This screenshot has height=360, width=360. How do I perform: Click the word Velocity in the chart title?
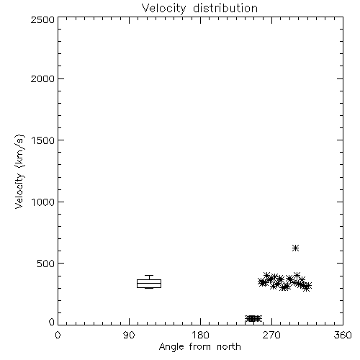164,9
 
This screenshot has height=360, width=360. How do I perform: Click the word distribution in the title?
225,8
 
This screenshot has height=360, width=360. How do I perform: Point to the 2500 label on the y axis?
42,19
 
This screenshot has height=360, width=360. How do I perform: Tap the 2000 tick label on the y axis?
42,79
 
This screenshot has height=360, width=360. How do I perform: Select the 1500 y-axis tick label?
43,140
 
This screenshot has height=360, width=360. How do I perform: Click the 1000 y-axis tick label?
43,202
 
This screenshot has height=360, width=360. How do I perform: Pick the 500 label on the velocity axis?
46,264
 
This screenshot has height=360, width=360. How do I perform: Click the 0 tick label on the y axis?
52,322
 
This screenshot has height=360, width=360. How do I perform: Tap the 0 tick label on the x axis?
58,335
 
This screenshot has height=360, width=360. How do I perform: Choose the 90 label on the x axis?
129,335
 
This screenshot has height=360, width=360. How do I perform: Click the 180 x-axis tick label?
200,335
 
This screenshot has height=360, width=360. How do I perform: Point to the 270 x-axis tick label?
271,335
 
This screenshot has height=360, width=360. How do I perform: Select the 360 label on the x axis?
343,335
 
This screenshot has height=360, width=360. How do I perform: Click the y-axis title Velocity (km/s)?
19,171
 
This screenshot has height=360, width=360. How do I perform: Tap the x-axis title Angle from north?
199,347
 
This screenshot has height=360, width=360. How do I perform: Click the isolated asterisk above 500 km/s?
295,248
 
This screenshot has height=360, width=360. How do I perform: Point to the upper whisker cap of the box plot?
149,275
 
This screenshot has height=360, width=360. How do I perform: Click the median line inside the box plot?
149,283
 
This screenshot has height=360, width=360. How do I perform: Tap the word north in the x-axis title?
229,346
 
